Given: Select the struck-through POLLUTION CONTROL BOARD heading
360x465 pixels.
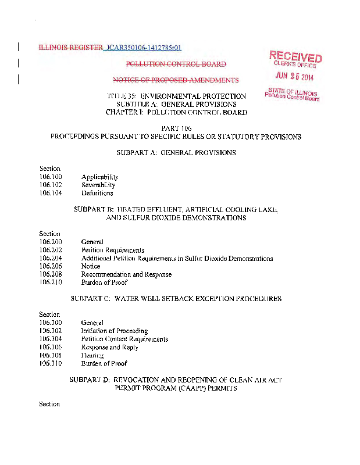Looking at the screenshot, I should [176, 64].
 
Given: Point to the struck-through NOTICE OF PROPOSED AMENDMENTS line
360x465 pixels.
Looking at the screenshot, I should [176, 80].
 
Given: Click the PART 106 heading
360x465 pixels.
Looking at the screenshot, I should [176, 128].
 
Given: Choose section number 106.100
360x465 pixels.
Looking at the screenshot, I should [51, 177].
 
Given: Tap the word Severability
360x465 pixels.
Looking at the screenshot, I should [98, 185].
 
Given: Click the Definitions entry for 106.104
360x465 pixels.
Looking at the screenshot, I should [97, 193].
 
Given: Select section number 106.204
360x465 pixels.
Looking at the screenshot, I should [51, 258].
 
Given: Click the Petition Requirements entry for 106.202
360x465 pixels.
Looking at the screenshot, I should [113, 250].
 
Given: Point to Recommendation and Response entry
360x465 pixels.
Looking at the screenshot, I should [126, 274].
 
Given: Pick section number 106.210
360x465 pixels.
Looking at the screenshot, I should [51, 282].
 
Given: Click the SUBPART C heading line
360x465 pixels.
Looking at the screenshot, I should [176, 299].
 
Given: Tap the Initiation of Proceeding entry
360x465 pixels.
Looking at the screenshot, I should [115, 331].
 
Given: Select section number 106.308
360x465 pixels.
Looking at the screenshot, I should [51, 355].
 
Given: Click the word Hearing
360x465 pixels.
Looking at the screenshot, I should [92, 355].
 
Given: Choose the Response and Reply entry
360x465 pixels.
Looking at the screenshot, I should [110, 347].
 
